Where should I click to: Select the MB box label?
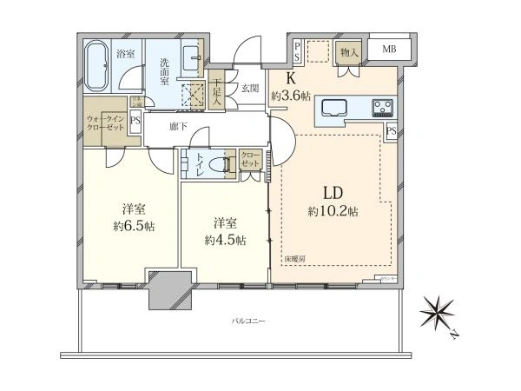point(388,48)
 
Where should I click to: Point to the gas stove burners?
point(383,109)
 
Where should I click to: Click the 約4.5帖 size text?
point(225,239)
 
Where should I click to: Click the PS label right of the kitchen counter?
point(392,132)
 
